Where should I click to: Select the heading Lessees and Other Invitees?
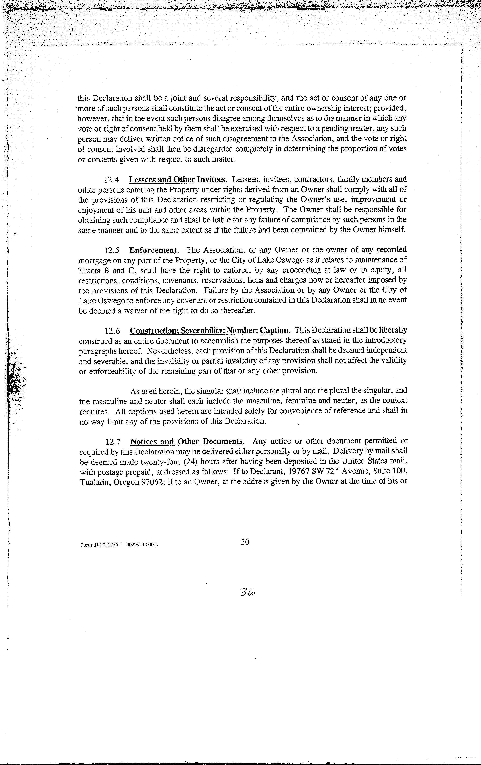[177, 180]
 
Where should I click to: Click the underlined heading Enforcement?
[153, 250]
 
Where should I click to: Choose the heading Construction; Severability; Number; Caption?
[209, 331]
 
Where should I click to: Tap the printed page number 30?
[245, 542]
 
